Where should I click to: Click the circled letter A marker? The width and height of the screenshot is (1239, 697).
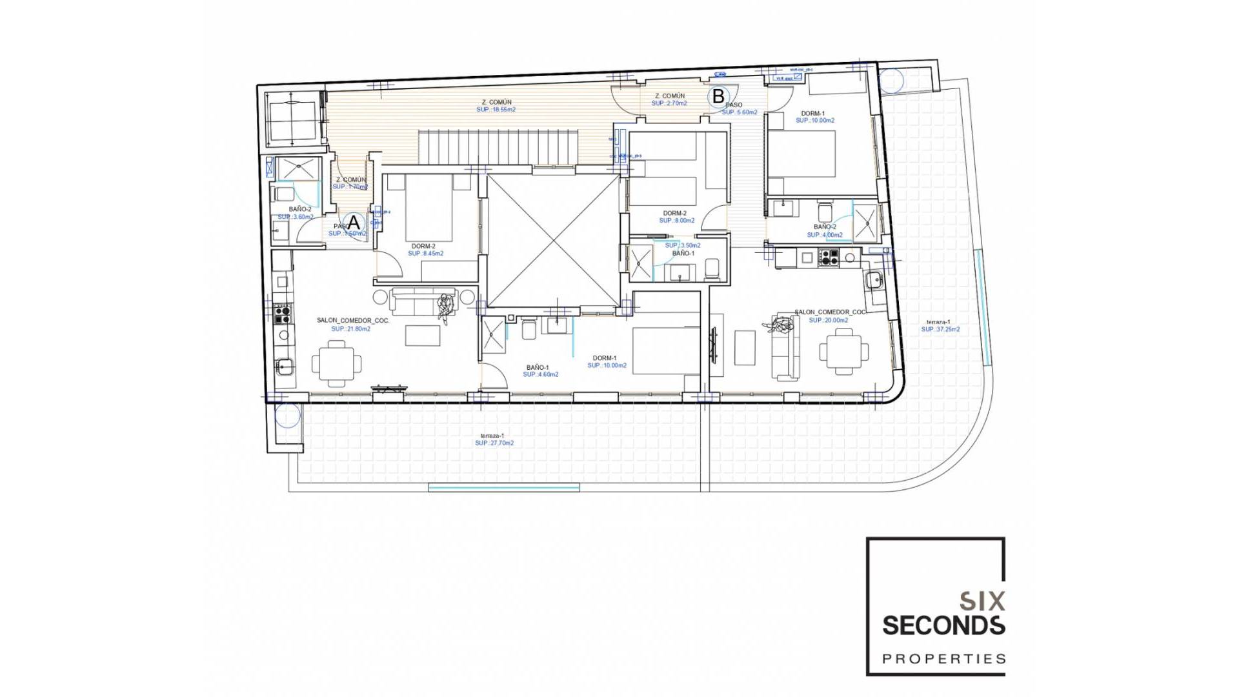pos(354,223)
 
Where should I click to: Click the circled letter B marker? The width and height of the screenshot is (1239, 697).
pos(718,97)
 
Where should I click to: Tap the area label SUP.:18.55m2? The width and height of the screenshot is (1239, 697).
pos(496,110)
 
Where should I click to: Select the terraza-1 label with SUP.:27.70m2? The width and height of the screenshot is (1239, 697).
pos(494,439)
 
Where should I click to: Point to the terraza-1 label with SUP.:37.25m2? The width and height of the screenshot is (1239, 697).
pos(940,325)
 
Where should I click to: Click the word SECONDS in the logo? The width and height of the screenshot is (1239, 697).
pos(943,625)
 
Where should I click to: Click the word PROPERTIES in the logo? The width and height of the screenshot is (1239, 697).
pos(943,659)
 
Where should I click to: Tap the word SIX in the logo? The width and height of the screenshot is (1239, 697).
pos(982,601)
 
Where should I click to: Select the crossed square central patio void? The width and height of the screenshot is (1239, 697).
pos(552,240)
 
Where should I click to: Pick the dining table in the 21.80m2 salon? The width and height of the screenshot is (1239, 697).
pos(336,363)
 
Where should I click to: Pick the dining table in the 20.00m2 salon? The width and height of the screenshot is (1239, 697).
pos(843,351)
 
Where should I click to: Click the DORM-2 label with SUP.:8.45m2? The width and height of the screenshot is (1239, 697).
pos(425,250)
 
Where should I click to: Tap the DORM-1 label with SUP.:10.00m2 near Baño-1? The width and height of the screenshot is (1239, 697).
pos(606,361)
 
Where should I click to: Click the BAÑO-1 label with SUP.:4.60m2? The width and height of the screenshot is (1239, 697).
pos(539,370)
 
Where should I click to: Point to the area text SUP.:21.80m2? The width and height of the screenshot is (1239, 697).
pos(350,328)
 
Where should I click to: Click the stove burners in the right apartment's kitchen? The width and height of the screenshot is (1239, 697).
pos(829,258)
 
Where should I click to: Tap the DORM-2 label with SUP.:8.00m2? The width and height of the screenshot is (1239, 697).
pos(676,217)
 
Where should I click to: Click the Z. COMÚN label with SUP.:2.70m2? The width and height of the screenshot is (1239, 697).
pos(669,99)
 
